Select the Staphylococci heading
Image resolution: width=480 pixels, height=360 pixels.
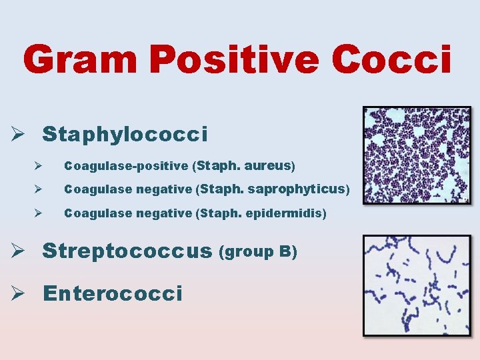(x=125, y=135)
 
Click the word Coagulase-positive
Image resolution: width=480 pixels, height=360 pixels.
(x=126, y=165)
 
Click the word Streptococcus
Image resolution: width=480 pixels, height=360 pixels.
(x=127, y=252)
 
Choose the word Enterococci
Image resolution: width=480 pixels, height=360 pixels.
(x=112, y=293)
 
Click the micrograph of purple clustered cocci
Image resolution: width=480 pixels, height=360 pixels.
(x=416, y=155)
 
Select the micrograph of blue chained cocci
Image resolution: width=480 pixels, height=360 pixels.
(x=416, y=285)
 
